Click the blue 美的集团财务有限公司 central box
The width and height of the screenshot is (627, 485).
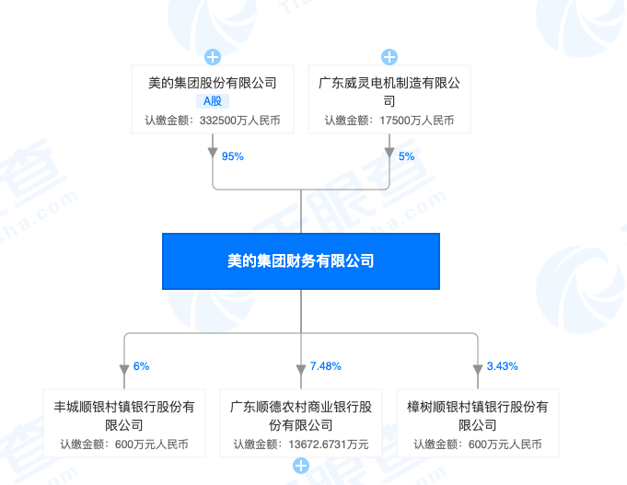(x=301, y=260)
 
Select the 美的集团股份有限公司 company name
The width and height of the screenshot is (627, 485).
(x=213, y=83)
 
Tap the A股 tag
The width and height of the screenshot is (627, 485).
(x=213, y=101)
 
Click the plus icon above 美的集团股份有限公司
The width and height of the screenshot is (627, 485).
(x=213, y=57)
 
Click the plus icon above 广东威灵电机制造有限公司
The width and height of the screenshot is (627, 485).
(x=389, y=57)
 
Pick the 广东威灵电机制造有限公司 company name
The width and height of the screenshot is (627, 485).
(x=389, y=91)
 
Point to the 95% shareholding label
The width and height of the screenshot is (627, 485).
(x=232, y=156)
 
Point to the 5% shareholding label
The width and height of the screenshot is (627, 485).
(x=406, y=156)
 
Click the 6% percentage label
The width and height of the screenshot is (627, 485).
(x=141, y=366)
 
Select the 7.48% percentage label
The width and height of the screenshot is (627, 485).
(x=326, y=366)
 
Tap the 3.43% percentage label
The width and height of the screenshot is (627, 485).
(x=503, y=366)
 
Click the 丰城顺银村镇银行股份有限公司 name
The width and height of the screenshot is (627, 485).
(x=124, y=415)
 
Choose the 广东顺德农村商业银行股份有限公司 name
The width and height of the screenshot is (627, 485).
(x=301, y=415)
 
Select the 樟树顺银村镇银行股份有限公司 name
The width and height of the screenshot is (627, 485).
(x=478, y=415)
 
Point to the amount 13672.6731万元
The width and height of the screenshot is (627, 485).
(x=327, y=445)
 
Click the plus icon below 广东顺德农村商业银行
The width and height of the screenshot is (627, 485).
(x=301, y=467)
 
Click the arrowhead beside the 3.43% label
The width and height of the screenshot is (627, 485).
(x=478, y=370)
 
